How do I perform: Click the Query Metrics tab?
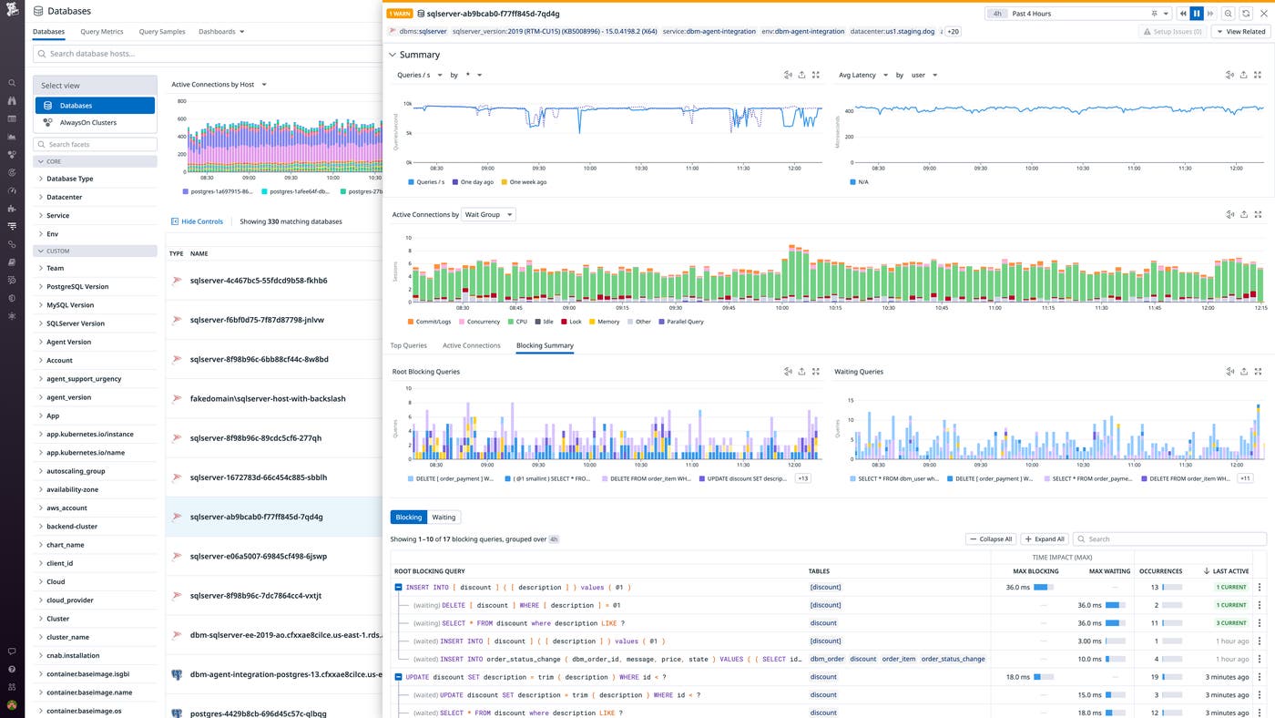pos(101,32)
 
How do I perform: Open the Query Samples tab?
pos(162,32)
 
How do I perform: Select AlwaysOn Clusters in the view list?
pos(87,123)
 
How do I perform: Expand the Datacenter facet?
pos(64,197)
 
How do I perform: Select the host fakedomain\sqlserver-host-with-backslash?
pos(267,398)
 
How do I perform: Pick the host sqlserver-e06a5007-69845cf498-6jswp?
pos(258,556)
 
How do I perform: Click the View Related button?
pos(1240,32)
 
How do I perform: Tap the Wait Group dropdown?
pos(489,215)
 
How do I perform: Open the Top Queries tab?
pos(408,346)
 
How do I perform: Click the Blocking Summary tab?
pos(545,346)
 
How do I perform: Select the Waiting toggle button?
pos(444,518)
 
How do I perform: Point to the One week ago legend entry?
pos(527,182)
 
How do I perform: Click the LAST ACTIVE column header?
pos(1229,571)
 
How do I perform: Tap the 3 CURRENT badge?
pos(1232,623)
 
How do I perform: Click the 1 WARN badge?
pos(399,14)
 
